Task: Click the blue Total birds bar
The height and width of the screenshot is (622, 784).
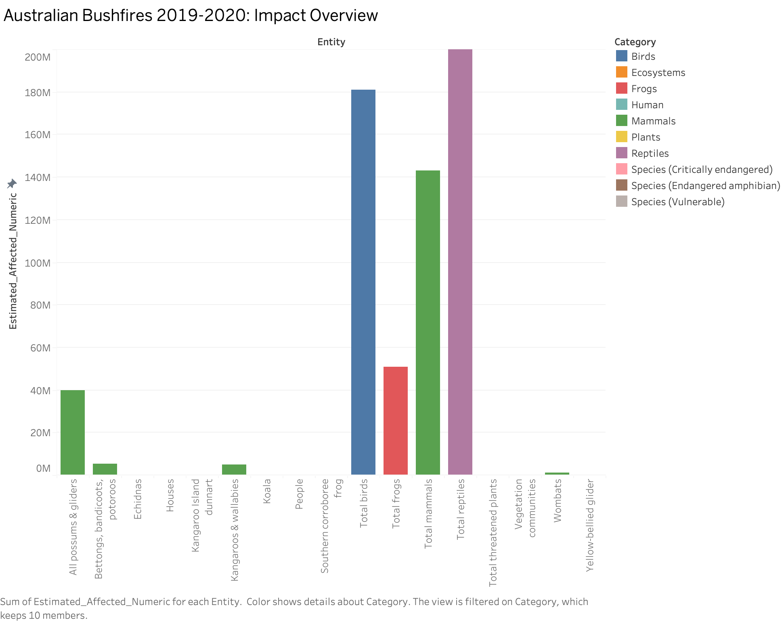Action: [x=363, y=282]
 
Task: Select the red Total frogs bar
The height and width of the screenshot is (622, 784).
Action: [x=396, y=420]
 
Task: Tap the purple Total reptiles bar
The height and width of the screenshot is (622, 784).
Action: [x=460, y=262]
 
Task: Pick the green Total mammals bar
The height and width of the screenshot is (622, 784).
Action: [x=428, y=322]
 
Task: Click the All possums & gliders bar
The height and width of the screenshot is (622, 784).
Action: [x=73, y=432]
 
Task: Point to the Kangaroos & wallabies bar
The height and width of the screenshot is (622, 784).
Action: [x=234, y=469]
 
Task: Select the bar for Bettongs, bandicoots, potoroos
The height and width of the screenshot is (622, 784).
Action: [x=105, y=469]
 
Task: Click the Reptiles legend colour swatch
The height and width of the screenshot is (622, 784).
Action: [x=622, y=153]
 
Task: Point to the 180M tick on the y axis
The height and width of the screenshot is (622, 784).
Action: [x=38, y=93]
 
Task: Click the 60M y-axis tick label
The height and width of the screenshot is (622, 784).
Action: [x=40, y=348]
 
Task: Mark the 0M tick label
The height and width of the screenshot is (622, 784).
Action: [x=43, y=469]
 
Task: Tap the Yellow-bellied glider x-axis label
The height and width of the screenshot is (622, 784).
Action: [x=589, y=525]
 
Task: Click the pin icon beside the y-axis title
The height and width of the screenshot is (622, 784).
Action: [x=12, y=184]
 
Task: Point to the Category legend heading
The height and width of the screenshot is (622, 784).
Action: [x=635, y=42]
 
